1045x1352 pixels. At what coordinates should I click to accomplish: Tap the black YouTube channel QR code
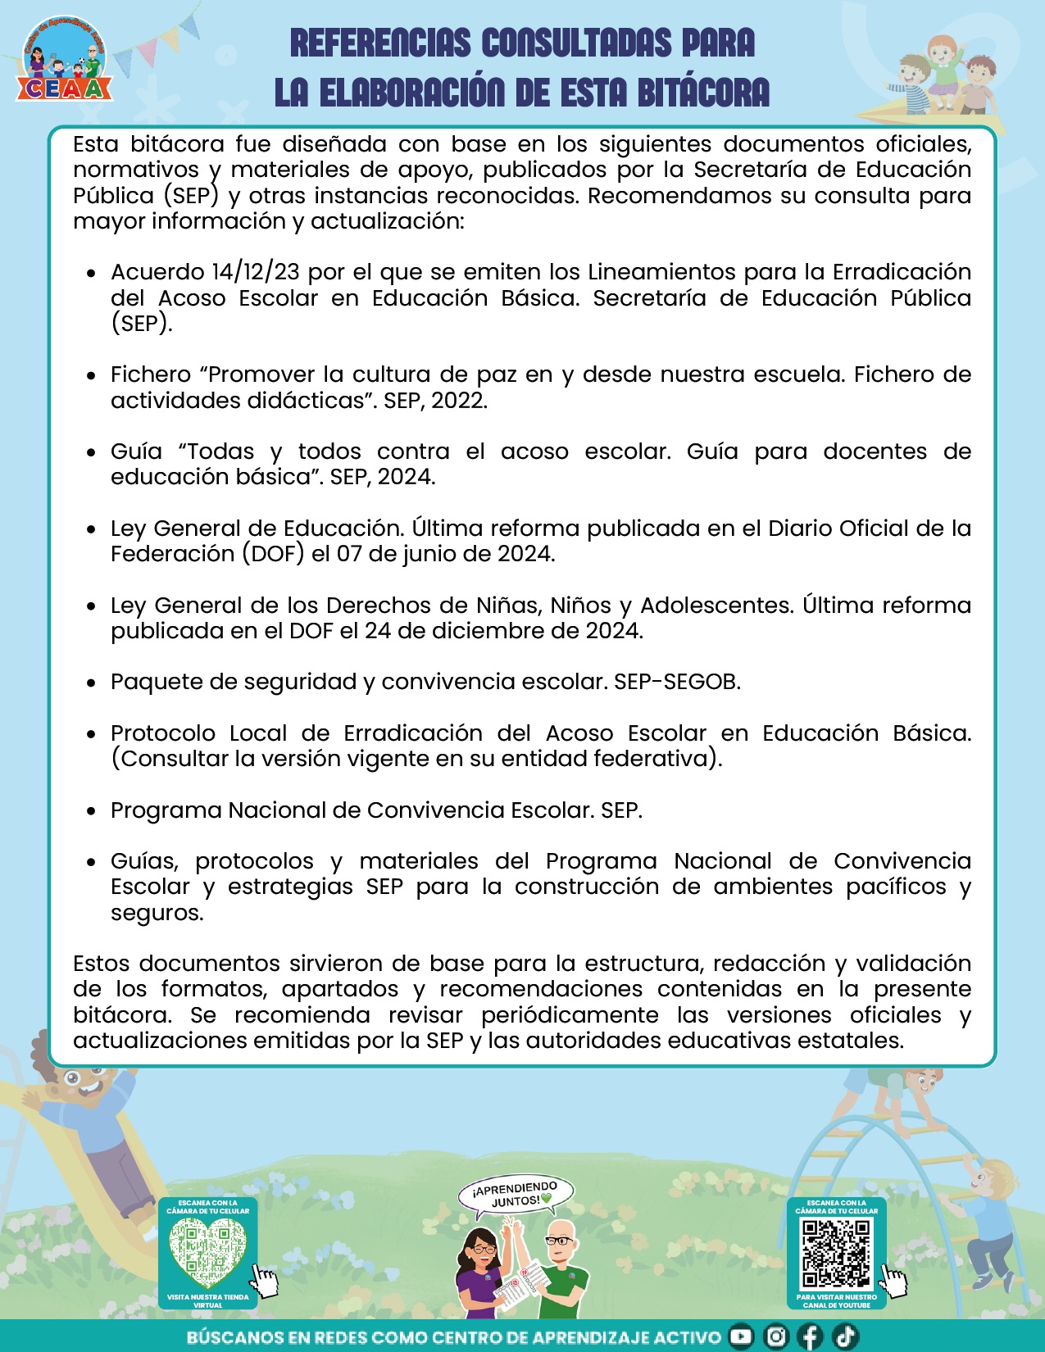(836, 1253)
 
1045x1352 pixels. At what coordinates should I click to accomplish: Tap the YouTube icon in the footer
(740, 1336)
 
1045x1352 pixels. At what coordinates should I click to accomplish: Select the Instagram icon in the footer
(775, 1336)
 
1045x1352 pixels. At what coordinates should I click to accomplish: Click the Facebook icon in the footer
(810, 1336)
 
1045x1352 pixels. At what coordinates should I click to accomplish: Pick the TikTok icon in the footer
(845, 1336)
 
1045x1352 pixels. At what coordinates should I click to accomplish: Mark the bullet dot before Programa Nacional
(92, 811)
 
